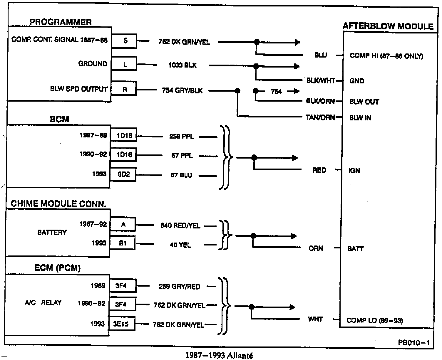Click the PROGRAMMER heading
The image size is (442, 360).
pos(61,22)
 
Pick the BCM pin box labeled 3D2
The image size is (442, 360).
pos(123,174)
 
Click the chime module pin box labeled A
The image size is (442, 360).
pos(123,225)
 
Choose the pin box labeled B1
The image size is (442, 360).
pos(123,243)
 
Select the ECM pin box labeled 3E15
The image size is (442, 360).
pos(121,324)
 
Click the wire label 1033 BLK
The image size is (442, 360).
pos(182,65)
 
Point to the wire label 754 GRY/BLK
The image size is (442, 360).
pos(182,91)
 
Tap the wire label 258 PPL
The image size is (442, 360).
pos(182,137)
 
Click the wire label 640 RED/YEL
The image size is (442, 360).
pos(180,226)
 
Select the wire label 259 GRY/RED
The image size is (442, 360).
pos(180,287)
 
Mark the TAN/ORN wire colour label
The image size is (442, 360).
pos(320,117)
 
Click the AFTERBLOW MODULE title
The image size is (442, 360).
pos(388,26)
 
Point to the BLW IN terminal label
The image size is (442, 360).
pos(360,118)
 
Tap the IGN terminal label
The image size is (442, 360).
pos(354,171)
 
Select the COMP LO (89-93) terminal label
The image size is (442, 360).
pos(375,320)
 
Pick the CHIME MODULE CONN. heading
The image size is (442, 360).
pos(58,204)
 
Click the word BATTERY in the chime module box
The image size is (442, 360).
pos(52,233)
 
